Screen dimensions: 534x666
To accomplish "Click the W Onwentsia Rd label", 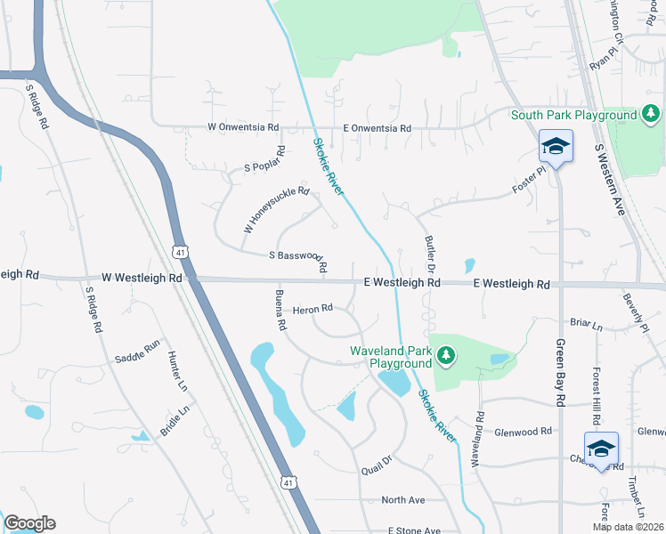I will (243, 127).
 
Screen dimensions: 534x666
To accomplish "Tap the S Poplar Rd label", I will (264, 162).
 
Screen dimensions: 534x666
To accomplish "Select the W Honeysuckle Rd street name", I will (276, 210).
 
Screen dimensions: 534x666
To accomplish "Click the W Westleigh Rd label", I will (142, 278).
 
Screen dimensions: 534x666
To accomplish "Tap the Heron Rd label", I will (313, 309).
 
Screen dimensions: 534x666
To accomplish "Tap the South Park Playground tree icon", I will (652, 114).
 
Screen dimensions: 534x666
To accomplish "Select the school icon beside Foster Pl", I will (556, 146).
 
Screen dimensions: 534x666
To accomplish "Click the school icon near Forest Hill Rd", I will (601, 448).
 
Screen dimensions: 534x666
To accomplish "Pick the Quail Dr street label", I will (377, 463).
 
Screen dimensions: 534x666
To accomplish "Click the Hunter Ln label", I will (177, 371).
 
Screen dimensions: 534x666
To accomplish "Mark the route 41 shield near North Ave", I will (287, 482).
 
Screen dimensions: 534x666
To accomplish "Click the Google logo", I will (29, 523).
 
